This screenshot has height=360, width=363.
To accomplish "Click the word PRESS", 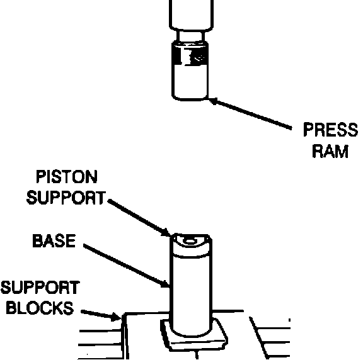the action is click(331, 130).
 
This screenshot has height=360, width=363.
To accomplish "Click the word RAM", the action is click(330, 151).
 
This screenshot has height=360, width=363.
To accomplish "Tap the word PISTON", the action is click(67, 177).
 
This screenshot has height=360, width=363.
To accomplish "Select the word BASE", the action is click(54, 240).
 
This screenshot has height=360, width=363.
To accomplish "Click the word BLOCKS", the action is click(40, 308).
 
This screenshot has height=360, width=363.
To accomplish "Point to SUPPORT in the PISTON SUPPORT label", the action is click(66, 198).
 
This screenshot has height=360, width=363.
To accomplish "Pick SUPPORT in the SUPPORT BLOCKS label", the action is click(40, 288).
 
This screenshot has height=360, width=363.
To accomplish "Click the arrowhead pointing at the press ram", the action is click(214, 101).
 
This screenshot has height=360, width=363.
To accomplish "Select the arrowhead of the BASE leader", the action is click(165, 283).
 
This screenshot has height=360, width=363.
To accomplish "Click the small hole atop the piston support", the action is click(190, 242).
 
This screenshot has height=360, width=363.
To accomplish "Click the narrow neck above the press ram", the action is click(191, 37).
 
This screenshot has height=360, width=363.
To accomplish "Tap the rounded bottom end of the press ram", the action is click(190, 97).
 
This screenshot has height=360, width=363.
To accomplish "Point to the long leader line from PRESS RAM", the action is click(250, 113).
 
